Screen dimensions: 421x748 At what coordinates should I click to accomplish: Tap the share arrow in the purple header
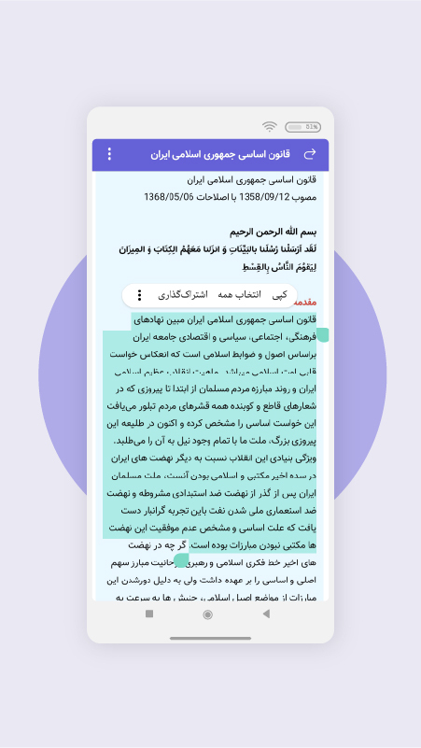tap(311, 154)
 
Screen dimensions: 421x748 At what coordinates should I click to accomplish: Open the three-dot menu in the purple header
tap(109, 154)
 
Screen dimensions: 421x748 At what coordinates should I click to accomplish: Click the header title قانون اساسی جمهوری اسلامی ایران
tap(221, 154)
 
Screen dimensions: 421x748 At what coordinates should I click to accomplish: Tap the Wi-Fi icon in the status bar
tap(270, 126)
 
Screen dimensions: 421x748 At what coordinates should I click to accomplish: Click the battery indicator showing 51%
tap(301, 126)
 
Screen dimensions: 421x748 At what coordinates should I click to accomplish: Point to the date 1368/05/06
tap(168, 197)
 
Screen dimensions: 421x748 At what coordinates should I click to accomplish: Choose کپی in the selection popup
tap(278, 295)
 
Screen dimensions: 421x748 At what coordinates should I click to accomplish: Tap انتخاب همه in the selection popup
tap(239, 295)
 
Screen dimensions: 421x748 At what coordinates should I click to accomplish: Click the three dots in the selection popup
tap(140, 295)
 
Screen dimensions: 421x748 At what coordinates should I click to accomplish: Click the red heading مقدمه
tap(306, 303)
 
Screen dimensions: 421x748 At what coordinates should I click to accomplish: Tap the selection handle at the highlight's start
tap(323, 334)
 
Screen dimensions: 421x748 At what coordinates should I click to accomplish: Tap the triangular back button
tap(266, 614)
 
